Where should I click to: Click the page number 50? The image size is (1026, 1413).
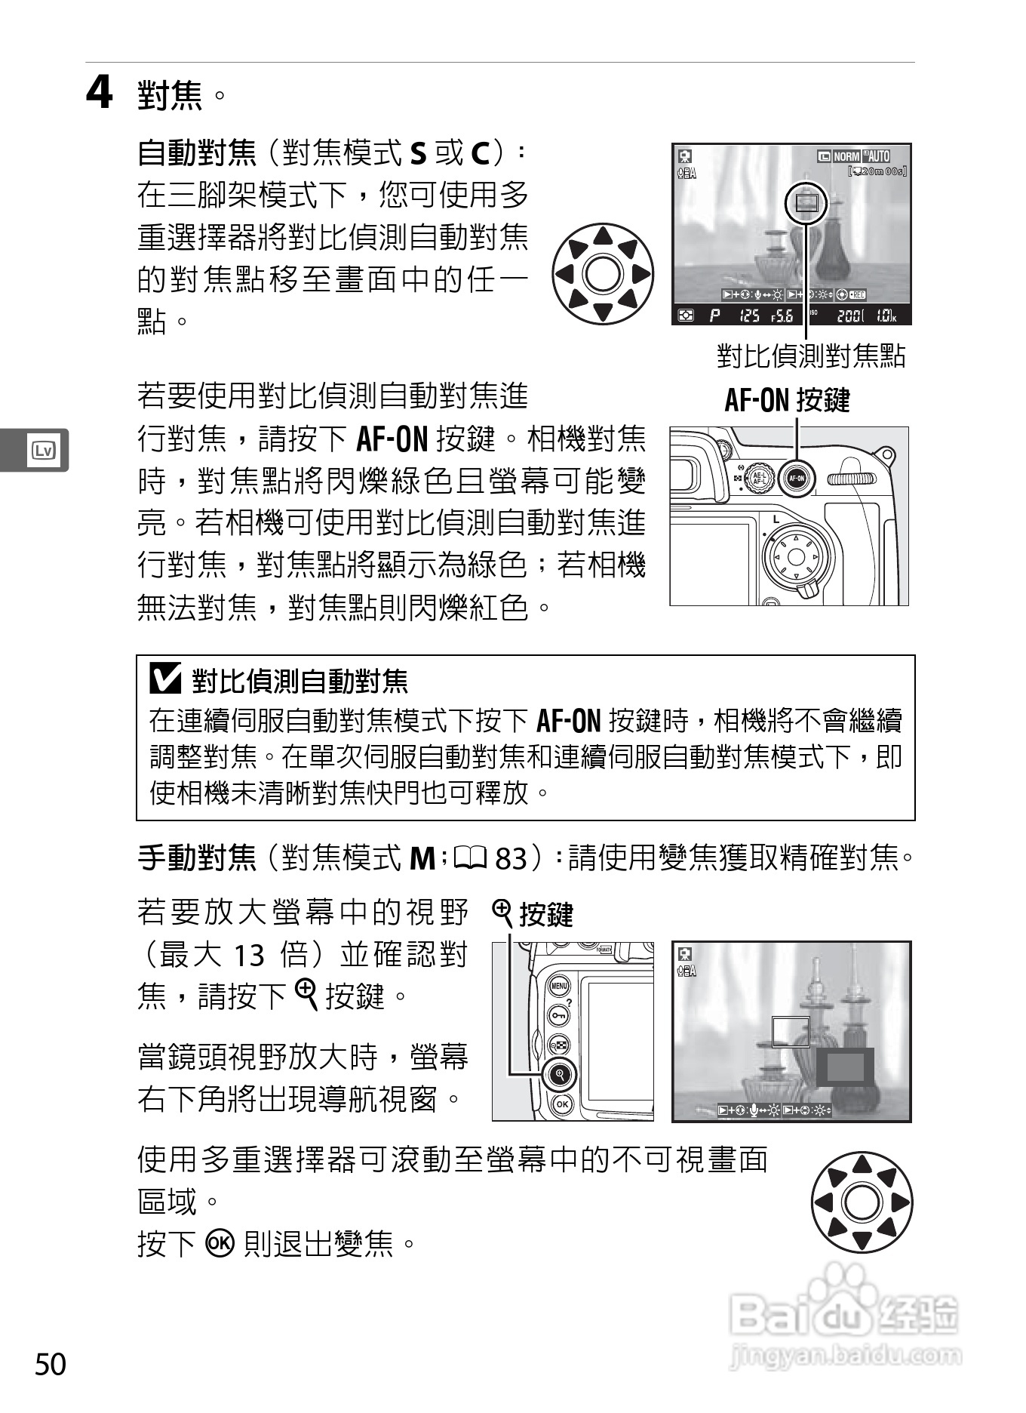pyautogui.click(x=51, y=1365)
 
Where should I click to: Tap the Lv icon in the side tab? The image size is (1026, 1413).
pyautogui.click(x=42, y=451)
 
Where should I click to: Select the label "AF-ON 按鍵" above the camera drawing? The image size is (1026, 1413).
pyautogui.click(x=787, y=400)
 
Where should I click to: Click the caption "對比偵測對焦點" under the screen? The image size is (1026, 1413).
pyautogui.click(x=810, y=355)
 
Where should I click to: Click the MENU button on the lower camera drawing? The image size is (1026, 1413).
pyautogui.click(x=558, y=986)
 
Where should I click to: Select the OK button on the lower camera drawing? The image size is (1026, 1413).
pyautogui.click(x=561, y=1104)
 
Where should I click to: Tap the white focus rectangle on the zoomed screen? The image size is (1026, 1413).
pyautogui.click(x=791, y=1031)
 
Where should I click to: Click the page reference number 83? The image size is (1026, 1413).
pyautogui.click(x=511, y=858)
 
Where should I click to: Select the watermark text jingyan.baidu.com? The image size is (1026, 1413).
pyautogui.click(x=846, y=1355)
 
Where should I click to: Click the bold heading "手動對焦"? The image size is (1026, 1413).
pyautogui.click(x=198, y=858)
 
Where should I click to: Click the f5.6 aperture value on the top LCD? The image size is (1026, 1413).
pyautogui.click(x=782, y=316)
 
